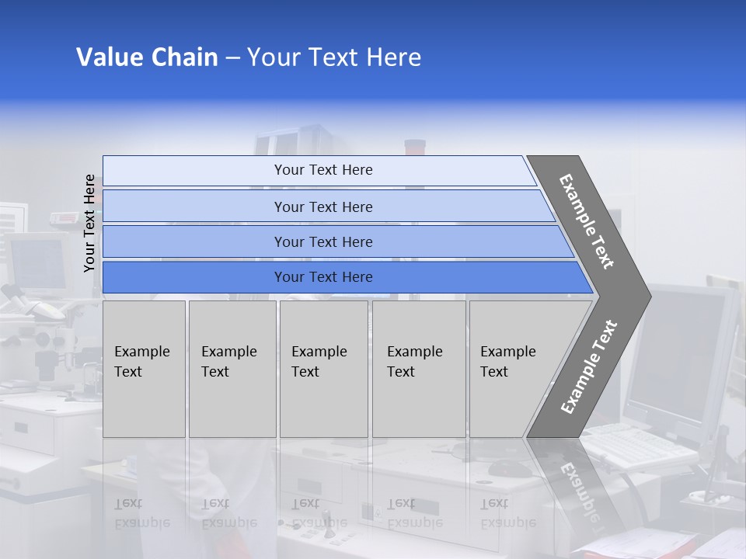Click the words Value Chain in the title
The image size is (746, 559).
coord(147,57)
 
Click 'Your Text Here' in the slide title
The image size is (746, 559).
coord(334,57)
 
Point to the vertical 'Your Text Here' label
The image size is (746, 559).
coord(89,223)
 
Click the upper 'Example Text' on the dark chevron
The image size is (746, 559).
coord(587,221)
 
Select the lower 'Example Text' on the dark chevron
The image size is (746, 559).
coord(588,367)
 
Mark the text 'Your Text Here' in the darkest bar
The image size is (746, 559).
coord(323,277)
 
